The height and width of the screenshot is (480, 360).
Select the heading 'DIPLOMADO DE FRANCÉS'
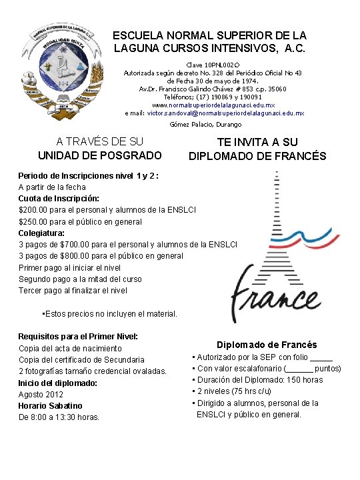tap(257, 157)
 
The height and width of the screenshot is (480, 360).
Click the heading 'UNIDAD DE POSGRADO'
tap(99, 155)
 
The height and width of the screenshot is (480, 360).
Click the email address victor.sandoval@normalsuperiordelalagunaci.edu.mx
tap(225, 113)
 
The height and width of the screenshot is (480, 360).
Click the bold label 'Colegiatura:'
tap(41, 233)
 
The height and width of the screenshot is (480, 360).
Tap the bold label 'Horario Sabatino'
tap(51, 405)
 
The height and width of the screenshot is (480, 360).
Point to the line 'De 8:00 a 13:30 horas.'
tap(59, 417)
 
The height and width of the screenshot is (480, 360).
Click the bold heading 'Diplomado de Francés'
tap(267, 345)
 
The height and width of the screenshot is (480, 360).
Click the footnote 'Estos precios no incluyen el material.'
tap(109, 313)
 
